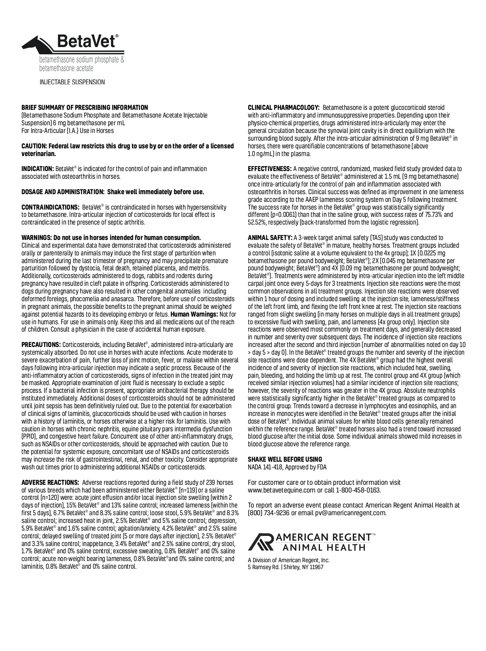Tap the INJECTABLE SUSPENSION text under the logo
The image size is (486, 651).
72,82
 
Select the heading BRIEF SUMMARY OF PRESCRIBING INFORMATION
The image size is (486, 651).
85,108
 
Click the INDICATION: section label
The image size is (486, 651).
38,169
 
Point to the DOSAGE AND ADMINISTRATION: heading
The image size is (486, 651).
63,192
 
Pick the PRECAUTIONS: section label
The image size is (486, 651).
41,345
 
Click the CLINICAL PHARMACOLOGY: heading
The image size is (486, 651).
284,108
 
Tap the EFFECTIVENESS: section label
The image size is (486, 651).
269,169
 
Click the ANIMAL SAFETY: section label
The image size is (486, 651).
270,238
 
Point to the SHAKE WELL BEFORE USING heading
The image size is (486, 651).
285,459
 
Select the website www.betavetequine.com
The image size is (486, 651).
281,490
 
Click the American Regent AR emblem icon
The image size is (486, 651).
260,542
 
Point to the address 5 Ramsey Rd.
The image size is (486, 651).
263,567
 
